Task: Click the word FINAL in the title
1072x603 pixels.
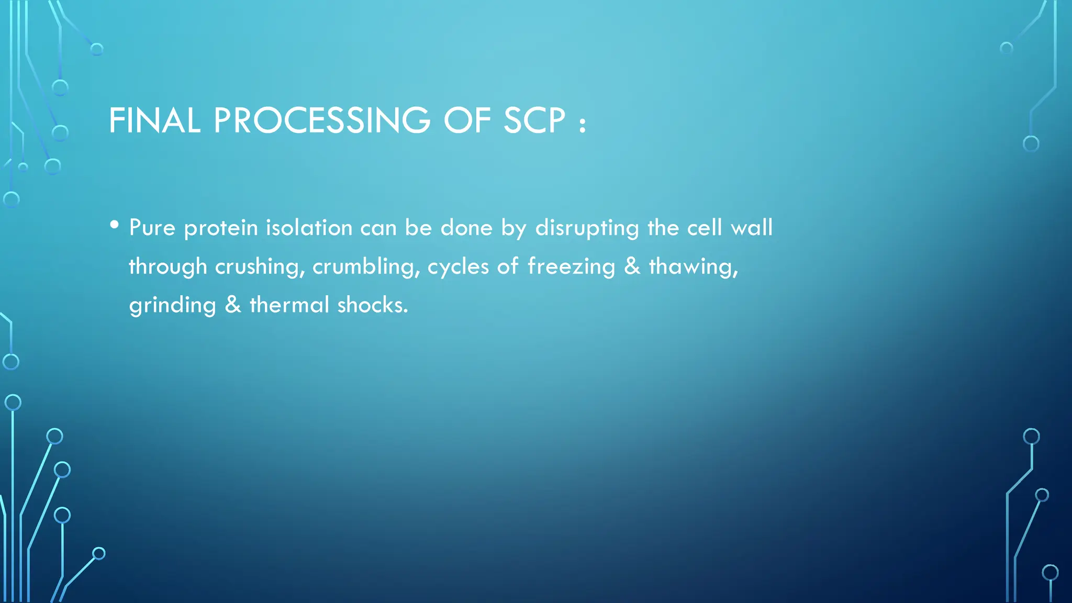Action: [x=154, y=121]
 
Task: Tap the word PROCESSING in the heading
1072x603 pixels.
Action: [x=322, y=121]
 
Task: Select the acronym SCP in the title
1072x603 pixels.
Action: [x=534, y=121]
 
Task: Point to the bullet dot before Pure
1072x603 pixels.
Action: [x=115, y=225]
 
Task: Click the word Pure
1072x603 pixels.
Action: [x=152, y=228]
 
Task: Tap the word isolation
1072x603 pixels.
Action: [x=309, y=228]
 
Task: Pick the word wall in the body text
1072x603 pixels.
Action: [x=752, y=228]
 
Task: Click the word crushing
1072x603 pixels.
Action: [x=260, y=267]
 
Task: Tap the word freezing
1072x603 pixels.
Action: [x=571, y=267]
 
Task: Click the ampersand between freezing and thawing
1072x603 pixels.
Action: [x=632, y=267]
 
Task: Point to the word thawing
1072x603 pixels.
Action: [x=693, y=267]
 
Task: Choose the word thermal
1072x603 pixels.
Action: [x=289, y=305]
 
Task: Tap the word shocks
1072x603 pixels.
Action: [x=372, y=305]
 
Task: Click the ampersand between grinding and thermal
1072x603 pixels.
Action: [x=233, y=305]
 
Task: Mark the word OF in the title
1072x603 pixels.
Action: [x=467, y=121]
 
